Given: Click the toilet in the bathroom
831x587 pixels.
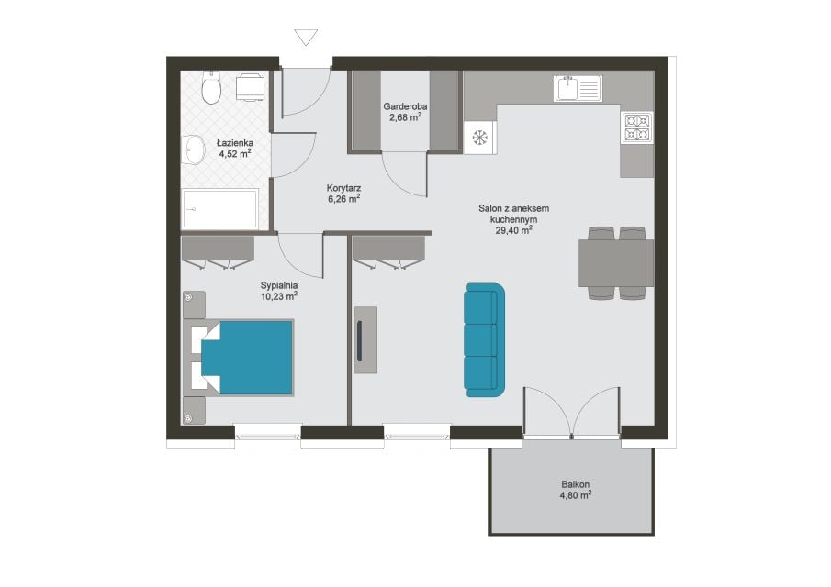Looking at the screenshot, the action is (211, 87).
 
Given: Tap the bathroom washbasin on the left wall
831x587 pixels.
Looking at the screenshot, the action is (194, 150).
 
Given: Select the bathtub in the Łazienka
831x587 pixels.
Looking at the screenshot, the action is (220, 208).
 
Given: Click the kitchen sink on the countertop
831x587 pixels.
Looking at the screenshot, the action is (578, 88).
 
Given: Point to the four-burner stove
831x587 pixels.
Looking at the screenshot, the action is (636, 127).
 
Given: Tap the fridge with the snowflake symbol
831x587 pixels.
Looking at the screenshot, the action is (479, 138).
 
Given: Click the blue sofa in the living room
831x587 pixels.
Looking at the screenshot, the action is (485, 339).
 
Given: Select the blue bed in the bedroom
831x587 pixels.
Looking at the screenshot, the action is (247, 358).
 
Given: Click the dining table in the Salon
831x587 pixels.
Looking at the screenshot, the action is (616, 263).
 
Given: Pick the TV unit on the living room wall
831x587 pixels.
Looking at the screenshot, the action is (365, 339).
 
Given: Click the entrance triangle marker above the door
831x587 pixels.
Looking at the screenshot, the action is (306, 38).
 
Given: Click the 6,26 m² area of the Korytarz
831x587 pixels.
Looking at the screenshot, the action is (344, 199).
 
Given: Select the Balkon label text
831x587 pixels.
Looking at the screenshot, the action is (576, 484).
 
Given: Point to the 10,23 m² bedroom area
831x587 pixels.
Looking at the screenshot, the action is (279, 296).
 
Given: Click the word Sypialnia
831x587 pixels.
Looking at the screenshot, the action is (279, 285).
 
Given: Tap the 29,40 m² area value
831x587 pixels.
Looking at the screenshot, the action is (513, 230).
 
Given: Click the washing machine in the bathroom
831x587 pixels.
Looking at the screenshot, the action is (250, 87).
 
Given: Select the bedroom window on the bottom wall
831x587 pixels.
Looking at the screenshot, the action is (268, 437).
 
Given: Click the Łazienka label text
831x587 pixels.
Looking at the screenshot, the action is (235, 143).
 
